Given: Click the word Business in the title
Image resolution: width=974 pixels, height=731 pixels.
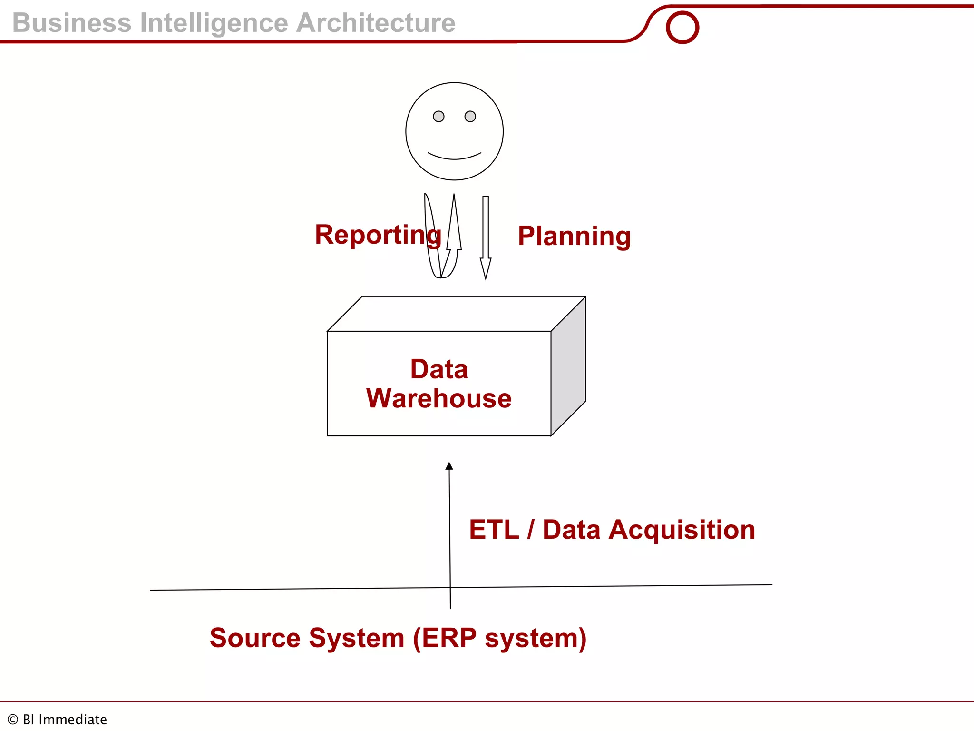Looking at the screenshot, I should coord(72,23).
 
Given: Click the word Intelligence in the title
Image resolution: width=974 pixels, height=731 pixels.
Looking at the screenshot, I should coord(214,23).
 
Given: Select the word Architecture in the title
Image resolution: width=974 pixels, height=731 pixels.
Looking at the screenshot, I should coord(376,23).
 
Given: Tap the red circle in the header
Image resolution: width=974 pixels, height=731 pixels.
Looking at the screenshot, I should coord(682,27).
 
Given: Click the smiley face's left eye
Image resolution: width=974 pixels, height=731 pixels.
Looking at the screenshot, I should coord(438,117).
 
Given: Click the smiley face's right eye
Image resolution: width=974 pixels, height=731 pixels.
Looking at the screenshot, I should coord(470,117).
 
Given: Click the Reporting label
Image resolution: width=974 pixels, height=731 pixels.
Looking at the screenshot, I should coord(378,235).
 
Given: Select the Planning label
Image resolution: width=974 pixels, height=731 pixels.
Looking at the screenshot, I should coord(574,236).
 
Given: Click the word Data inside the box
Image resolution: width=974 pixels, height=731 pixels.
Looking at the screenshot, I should coord(439,369).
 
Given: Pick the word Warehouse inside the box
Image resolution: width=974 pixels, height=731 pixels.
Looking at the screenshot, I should coord(438,398).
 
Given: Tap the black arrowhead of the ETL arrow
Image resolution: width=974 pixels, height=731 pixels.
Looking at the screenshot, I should coord(449,466).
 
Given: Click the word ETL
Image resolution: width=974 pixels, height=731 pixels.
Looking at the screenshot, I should coord(494,530).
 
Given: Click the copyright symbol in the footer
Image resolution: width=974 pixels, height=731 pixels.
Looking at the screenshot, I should coord(13,720).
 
